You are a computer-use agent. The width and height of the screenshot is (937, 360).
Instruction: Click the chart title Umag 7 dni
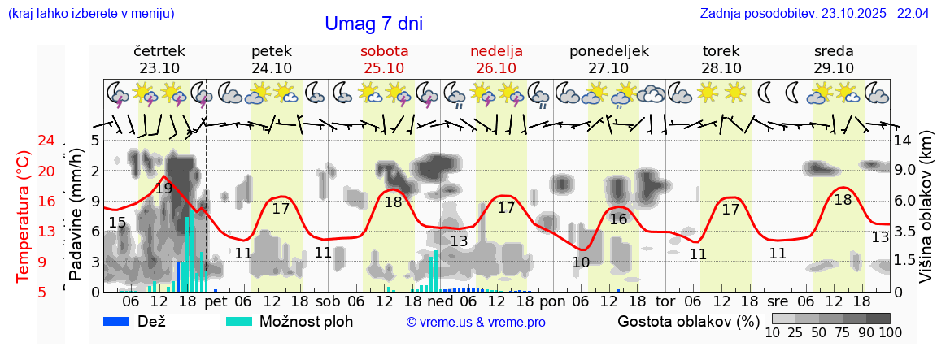coord(373,24)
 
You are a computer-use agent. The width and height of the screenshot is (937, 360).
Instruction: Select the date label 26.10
coord(496,68)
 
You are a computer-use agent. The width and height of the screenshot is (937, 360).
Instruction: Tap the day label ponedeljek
coord(608,51)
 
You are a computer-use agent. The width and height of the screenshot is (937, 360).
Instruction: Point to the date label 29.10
coord(834,68)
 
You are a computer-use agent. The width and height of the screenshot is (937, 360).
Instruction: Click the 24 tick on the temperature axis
coord(25,141)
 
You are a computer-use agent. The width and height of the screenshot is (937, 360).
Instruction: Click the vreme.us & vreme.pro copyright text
coord(476,322)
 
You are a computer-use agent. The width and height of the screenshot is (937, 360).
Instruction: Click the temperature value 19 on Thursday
coord(163,189)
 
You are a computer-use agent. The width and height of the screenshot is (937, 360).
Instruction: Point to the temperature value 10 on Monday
coord(581,262)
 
